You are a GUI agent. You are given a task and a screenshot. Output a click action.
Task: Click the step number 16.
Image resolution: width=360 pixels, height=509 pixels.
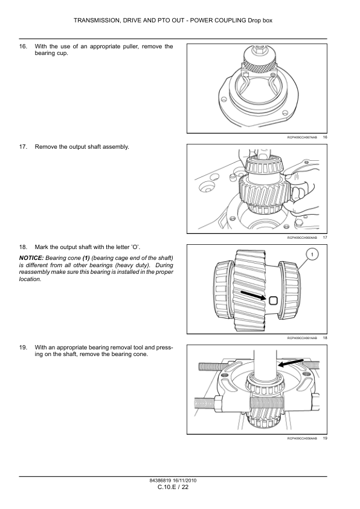pyautogui.click(x=23, y=47)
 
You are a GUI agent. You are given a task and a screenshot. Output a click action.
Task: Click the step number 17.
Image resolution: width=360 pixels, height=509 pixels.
pyautogui.click(x=23, y=147)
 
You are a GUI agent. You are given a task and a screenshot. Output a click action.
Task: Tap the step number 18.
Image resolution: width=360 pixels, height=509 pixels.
pyautogui.click(x=23, y=247)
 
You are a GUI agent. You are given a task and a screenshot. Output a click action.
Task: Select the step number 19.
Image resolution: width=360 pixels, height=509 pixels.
pyautogui.click(x=23, y=348)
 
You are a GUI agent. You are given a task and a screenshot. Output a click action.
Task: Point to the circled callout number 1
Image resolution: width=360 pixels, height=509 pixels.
pyautogui.click(x=312, y=254)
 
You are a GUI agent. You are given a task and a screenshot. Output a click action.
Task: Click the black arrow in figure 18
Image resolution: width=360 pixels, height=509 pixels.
pyautogui.click(x=253, y=296)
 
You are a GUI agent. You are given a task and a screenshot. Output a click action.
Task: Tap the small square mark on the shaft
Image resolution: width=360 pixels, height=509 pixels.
pyautogui.click(x=273, y=300)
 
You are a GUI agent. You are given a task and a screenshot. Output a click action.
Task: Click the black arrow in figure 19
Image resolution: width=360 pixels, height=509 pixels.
pyautogui.click(x=291, y=363)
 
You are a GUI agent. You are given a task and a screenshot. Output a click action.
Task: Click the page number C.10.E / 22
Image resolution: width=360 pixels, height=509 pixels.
pyautogui.click(x=173, y=487)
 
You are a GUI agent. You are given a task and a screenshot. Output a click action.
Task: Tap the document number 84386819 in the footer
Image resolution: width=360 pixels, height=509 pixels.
pyautogui.click(x=160, y=481)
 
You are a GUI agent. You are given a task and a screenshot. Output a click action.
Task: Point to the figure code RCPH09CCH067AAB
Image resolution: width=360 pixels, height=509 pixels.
pyautogui.click(x=302, y=137)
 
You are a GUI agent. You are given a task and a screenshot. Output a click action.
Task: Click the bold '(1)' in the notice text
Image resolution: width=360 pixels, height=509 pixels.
pyautogui.click(x=86, y=258)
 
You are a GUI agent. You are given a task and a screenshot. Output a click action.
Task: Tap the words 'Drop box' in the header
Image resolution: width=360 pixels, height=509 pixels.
pyautogui.click(x=260, y=21)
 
